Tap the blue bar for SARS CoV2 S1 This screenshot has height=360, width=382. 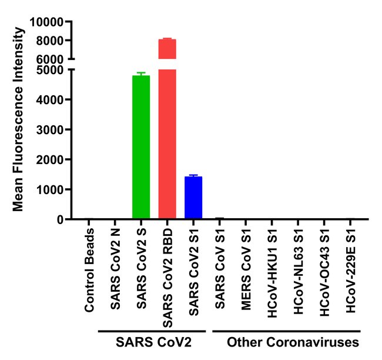pyautogui.click(x=193, y=198)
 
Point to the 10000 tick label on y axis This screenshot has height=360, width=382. pyautogui.click(x=46, y=22)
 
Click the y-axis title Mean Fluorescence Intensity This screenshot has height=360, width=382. pyautogui.click(x=18, y=121)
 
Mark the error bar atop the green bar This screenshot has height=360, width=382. pyautogui.click(x=141, y=74)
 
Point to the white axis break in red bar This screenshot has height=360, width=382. pyautogui.click(x=167, y=64)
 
